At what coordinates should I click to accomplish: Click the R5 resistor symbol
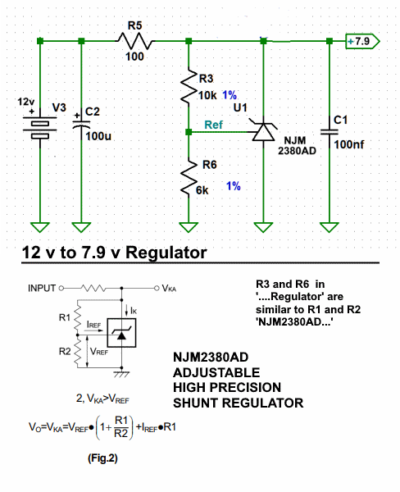[x=135, y=41]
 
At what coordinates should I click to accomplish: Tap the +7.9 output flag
[x=362, y=41]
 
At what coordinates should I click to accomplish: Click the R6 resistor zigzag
[x=189, y=177]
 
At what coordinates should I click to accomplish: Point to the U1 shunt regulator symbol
[x=264, y=132]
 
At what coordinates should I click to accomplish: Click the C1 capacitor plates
[x=330, y=132]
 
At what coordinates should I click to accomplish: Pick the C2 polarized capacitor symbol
[x=81, y=125]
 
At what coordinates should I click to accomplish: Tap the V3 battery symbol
[x=40, y=126]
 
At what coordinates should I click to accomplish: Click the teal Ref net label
[x=213, y=125]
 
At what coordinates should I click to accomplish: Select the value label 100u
[x=98, y=136]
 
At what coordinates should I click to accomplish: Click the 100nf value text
[x=349, y=144]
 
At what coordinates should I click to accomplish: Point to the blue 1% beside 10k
[x=230, y=95]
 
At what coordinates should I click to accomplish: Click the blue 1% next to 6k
[x=234, y=186]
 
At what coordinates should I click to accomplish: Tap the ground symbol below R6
[x=189, y=227]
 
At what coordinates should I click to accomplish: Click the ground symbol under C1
[x=329, y=227]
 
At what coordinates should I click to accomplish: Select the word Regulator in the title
[x=166, y=253]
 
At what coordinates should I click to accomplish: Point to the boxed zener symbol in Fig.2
[x=122, y=333]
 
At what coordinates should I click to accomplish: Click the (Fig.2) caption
[x=102, y=458]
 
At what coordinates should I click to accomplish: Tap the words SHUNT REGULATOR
[x=239, y=403]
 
